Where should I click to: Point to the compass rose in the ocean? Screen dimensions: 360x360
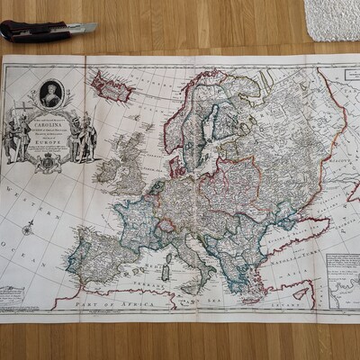(x=29, y=228)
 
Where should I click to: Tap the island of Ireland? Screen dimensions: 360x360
(x=106, y=170)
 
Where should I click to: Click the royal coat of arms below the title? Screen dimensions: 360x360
(x=49, y=163)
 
